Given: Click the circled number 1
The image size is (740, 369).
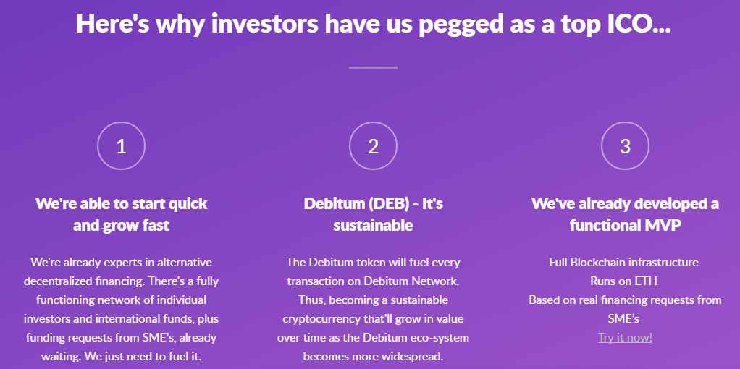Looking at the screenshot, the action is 122,146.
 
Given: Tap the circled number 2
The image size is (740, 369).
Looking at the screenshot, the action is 374,146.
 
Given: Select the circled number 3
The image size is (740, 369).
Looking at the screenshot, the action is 626,146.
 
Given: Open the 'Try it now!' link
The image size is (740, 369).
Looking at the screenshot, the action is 625,338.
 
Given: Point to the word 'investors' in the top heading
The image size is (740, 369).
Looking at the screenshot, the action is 265,24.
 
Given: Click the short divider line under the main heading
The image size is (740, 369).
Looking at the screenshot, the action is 374,68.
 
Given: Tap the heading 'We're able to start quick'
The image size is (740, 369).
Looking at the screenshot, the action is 122,204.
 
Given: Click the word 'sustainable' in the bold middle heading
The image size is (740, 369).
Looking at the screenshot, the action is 374,226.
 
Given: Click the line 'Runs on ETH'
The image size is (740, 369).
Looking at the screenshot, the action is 623,281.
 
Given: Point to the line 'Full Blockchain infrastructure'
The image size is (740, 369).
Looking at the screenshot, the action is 623,263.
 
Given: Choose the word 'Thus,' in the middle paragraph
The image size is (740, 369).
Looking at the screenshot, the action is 310,300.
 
